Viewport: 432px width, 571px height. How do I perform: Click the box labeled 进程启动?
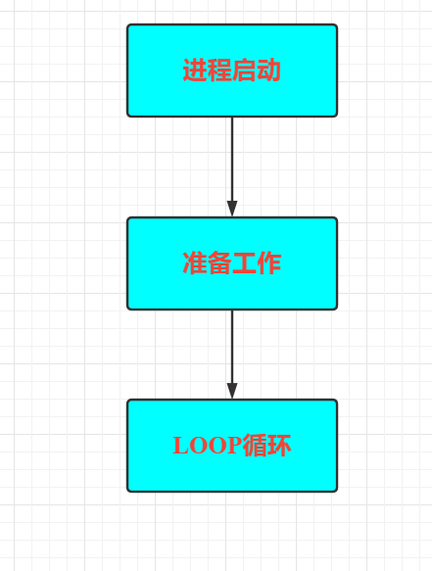click(x=232, y=71)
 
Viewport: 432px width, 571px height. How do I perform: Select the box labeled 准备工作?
click(x=232, y=263)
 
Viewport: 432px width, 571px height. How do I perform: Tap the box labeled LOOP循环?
click(x=232, y=446)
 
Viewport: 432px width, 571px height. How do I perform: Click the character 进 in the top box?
click(x=195, y=71)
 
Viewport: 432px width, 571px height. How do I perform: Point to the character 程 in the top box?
click(x=219, y=71)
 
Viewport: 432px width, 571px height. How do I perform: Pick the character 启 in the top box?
click(x=244, y=71)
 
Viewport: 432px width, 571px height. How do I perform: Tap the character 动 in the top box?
click(x=268, y=71)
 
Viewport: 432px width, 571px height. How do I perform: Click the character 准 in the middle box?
click(x=195, y=262)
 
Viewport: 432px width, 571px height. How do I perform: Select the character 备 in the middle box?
click(x=219, y=262)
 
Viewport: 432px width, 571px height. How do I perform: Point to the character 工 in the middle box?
click(x=244, y=262)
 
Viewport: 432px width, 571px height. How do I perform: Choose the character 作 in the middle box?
click(x=268, y=262)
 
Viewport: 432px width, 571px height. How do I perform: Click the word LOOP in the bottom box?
click(x=208, y=446)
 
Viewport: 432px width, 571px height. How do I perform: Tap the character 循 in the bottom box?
click(x=255, y=445)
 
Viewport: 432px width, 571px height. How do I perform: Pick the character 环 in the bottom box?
click(x=279, y=445)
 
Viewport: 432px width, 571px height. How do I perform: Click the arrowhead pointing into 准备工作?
click(x=232, y=209)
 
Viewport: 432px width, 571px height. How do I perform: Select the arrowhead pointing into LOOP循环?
click(x=232, y=391)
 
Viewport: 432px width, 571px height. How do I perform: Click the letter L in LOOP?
click(x=180, y=446)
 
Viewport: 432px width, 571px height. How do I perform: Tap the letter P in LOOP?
click(x=234, y=446)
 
